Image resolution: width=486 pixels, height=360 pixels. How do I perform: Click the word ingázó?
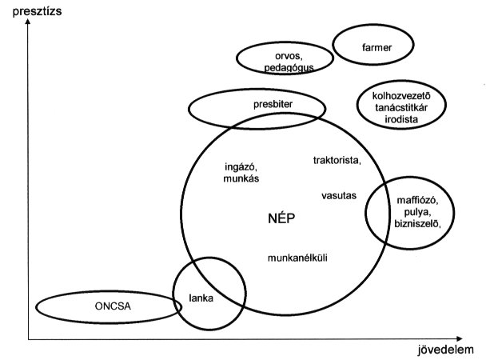(241, 168)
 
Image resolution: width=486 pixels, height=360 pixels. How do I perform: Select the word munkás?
(239, 180)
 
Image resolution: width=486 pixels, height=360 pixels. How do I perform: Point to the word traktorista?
(337, 160)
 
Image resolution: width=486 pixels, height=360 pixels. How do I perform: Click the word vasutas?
(338, 195)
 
